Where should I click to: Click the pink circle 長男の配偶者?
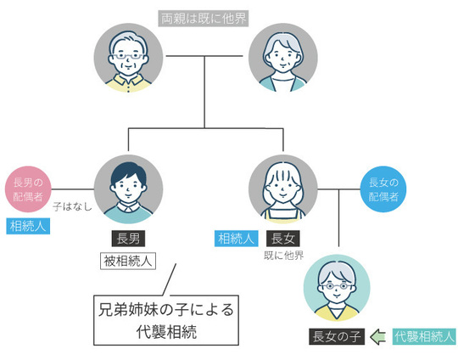click(28, 188)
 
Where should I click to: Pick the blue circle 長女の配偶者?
click(383, 188)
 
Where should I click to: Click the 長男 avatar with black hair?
click(127, 188)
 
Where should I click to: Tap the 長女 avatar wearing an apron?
click(282, 188)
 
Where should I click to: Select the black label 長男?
click(128, 239)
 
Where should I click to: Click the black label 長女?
click(282, 239)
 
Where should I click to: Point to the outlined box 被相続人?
click(128, 261)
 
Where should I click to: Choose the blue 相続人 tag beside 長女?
click(236, 239)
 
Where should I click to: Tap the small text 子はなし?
click(72, 206)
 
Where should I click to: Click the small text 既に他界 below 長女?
click(282, 256)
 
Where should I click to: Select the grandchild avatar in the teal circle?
click(336, 285)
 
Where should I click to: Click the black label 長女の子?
click(336, 337)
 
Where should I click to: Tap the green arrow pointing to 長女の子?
click(378, 337)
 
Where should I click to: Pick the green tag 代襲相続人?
click(424, 337)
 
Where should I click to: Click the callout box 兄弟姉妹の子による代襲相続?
click(166, 319)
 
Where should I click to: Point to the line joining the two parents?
click(205, 57)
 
